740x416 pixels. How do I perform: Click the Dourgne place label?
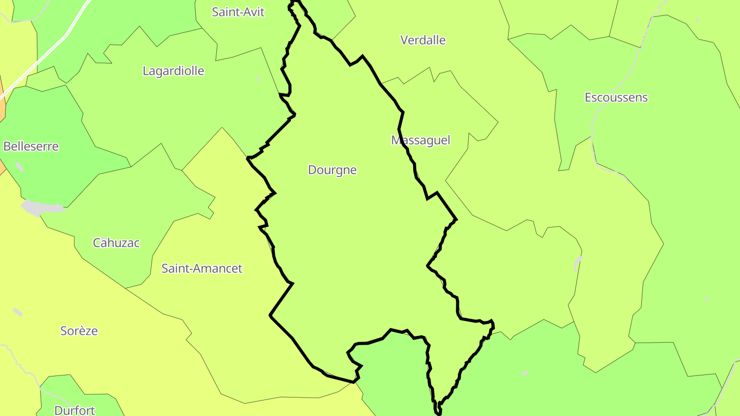coord(332,170)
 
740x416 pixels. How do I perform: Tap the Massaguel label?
coord(420,140)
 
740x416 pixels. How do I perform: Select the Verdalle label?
coord(423,40)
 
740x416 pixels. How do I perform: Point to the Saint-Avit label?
coord(238,12)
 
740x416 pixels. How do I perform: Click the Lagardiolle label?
coord(173,71)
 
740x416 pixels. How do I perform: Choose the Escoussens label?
coord(616,98)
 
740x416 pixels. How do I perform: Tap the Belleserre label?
coord(31,146)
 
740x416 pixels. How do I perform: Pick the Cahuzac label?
coord(116,243)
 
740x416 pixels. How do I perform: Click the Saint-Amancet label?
coord(202,268)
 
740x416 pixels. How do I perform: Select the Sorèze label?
coord(79,331)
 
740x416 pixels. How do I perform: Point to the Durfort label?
coord(75,410)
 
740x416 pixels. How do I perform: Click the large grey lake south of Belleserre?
coord(41,207)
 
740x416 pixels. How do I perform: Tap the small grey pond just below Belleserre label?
coord(20,166)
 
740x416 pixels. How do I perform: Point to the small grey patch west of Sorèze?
coord(17,312)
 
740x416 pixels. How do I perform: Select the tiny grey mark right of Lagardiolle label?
coord(257,80)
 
